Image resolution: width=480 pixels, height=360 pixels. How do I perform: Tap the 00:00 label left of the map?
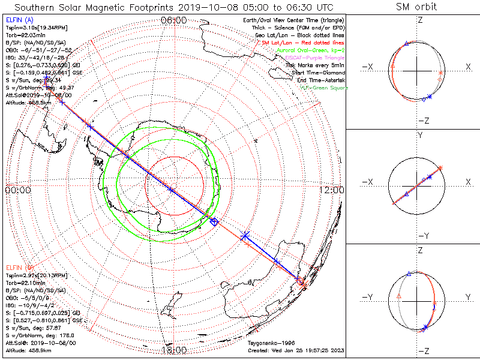click(x=17, y=190)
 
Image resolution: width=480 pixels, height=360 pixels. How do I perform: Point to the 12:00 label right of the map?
click(x=332, y=190)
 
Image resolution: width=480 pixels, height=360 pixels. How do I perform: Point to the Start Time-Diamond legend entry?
click(x=314, y=73)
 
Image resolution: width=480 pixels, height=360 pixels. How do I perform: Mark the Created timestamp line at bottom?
click(x=295, y=350)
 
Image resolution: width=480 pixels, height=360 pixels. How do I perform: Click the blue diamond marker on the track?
click(x=214, y=222)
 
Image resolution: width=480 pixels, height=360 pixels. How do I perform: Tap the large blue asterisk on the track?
click(x=245, y=235)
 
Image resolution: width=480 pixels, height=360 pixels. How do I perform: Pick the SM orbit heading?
click(x=416, y=7)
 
